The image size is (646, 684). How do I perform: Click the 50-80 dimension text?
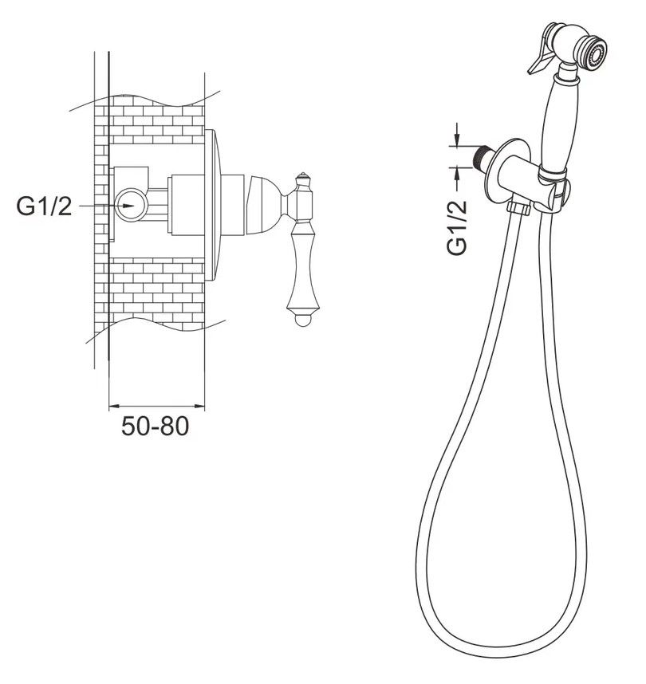(155, 427)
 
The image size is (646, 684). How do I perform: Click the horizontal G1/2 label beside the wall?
(44, 206)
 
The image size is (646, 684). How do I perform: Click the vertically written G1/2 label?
(457, 227)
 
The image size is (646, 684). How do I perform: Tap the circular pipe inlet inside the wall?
(132, 205)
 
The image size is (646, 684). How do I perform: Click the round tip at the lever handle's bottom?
(303, 320)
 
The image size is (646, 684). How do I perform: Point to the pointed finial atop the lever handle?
(303, 176)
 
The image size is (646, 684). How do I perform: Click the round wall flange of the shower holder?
(506, 171)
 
